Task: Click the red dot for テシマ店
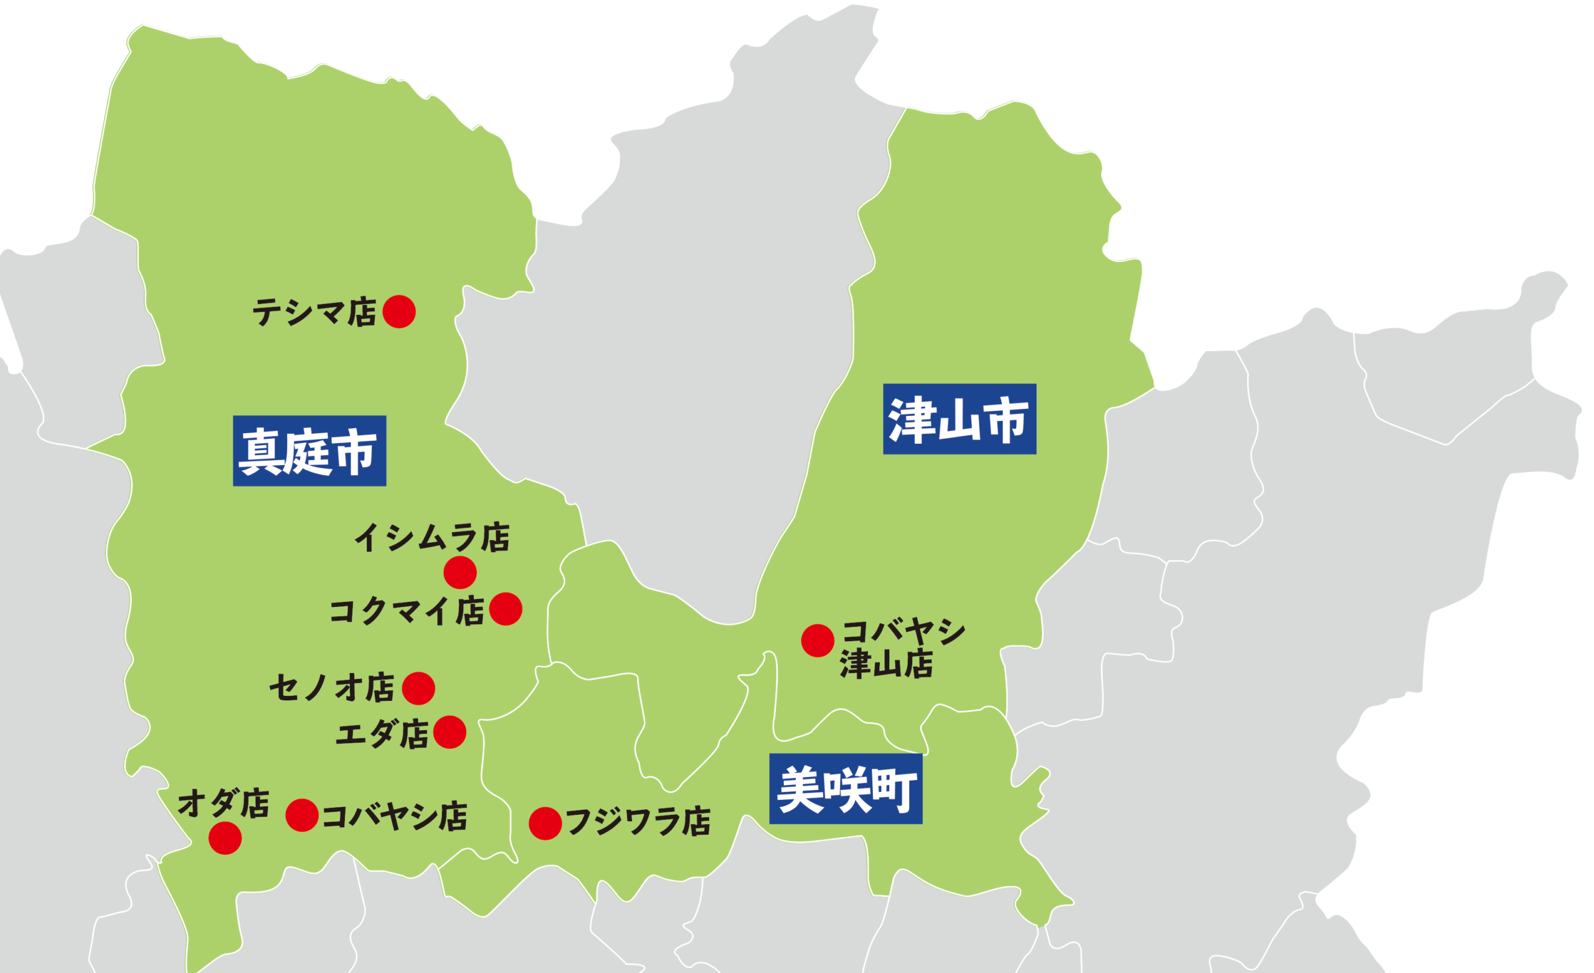[398, 312]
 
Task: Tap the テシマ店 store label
[314, 313]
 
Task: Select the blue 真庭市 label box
[309, 451]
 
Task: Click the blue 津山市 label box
[960, 419]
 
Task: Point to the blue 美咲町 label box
[846, 789]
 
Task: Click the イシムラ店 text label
[432, 538]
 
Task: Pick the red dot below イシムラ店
[460, 572]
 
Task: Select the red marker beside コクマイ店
[505, 609]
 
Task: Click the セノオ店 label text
[331, 687]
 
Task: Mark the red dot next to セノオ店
[418, 688]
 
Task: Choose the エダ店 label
[382, 733]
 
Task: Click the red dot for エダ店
[450, 732]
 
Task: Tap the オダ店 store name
[223, 804]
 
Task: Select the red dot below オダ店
[225, 838]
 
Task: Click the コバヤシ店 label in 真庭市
[394, 817]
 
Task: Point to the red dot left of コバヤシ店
[302, 815]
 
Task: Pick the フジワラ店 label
[638, 822]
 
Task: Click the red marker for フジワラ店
[545, 824]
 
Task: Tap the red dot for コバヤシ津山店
[817, 641]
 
